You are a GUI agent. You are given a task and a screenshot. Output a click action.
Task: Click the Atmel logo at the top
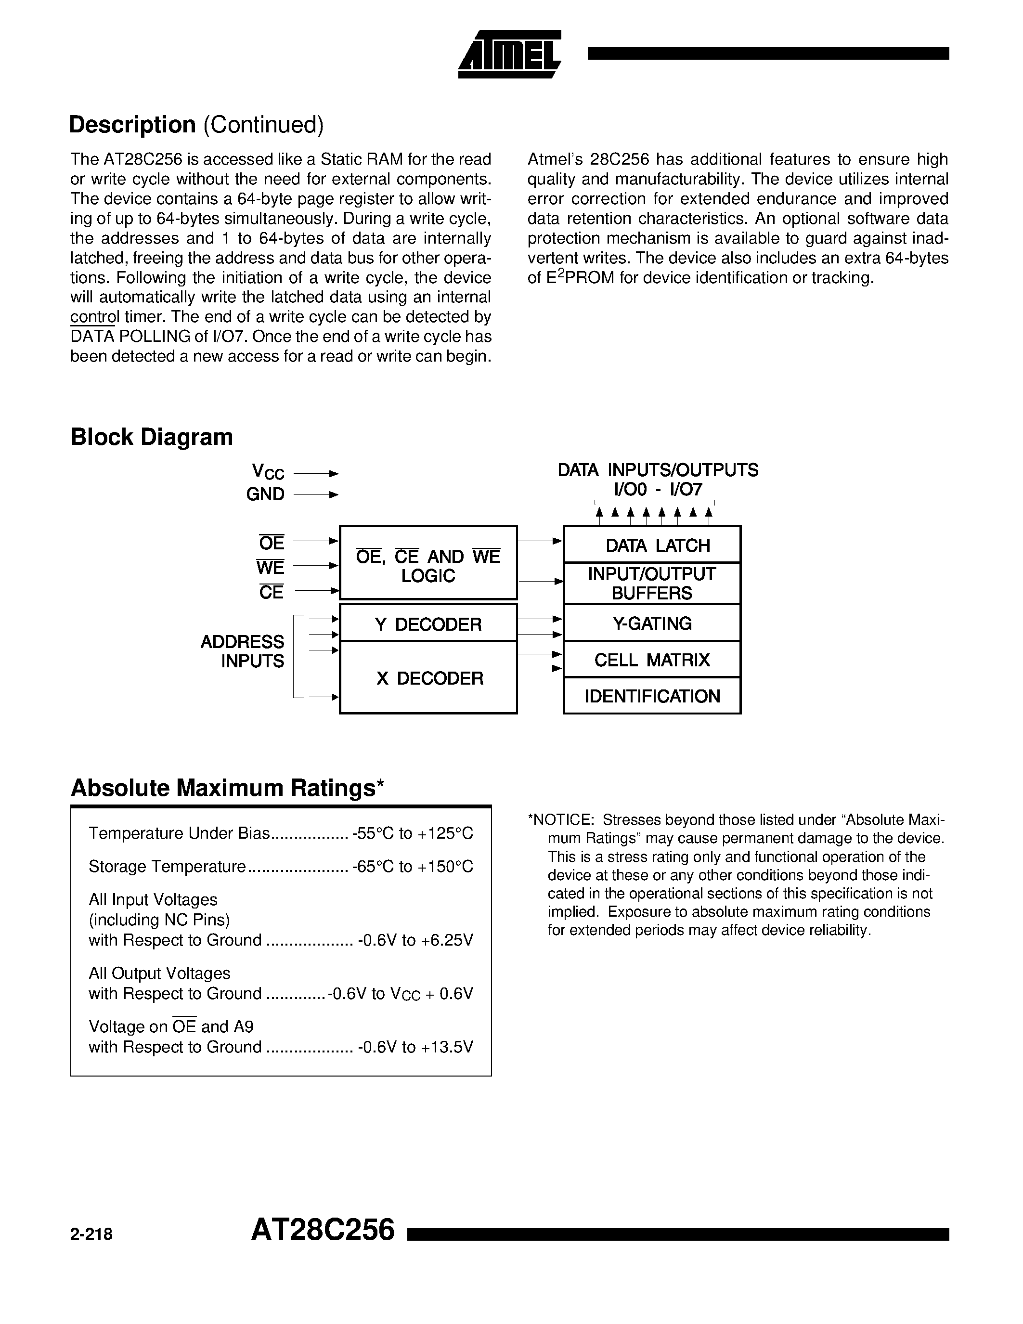click(510, 54)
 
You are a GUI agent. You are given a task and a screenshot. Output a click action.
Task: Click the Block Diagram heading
click(152, 437)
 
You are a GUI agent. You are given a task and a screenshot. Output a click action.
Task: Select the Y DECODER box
click(428, 624)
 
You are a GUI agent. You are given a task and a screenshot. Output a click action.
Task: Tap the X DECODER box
click(429, 678)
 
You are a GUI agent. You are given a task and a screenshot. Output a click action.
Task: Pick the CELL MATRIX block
click(652, 660)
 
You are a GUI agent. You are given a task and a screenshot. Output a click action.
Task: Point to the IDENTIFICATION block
click(652, 696)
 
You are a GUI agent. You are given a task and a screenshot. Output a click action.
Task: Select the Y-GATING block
click(652, 623)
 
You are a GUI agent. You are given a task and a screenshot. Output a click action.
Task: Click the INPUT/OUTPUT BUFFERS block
click(652, 583)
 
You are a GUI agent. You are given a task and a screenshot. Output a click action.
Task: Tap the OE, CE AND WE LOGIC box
click(428, 565)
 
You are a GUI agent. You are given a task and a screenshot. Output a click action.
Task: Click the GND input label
click(265, 494)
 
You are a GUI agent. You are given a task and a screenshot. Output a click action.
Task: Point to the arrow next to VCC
click(316, 473)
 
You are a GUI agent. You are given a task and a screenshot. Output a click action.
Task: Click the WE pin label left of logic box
click(270, 568)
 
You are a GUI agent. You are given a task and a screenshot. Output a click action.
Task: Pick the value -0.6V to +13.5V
click(415, 1047)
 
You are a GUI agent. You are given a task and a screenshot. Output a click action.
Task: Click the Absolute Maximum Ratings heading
click(227, 788)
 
